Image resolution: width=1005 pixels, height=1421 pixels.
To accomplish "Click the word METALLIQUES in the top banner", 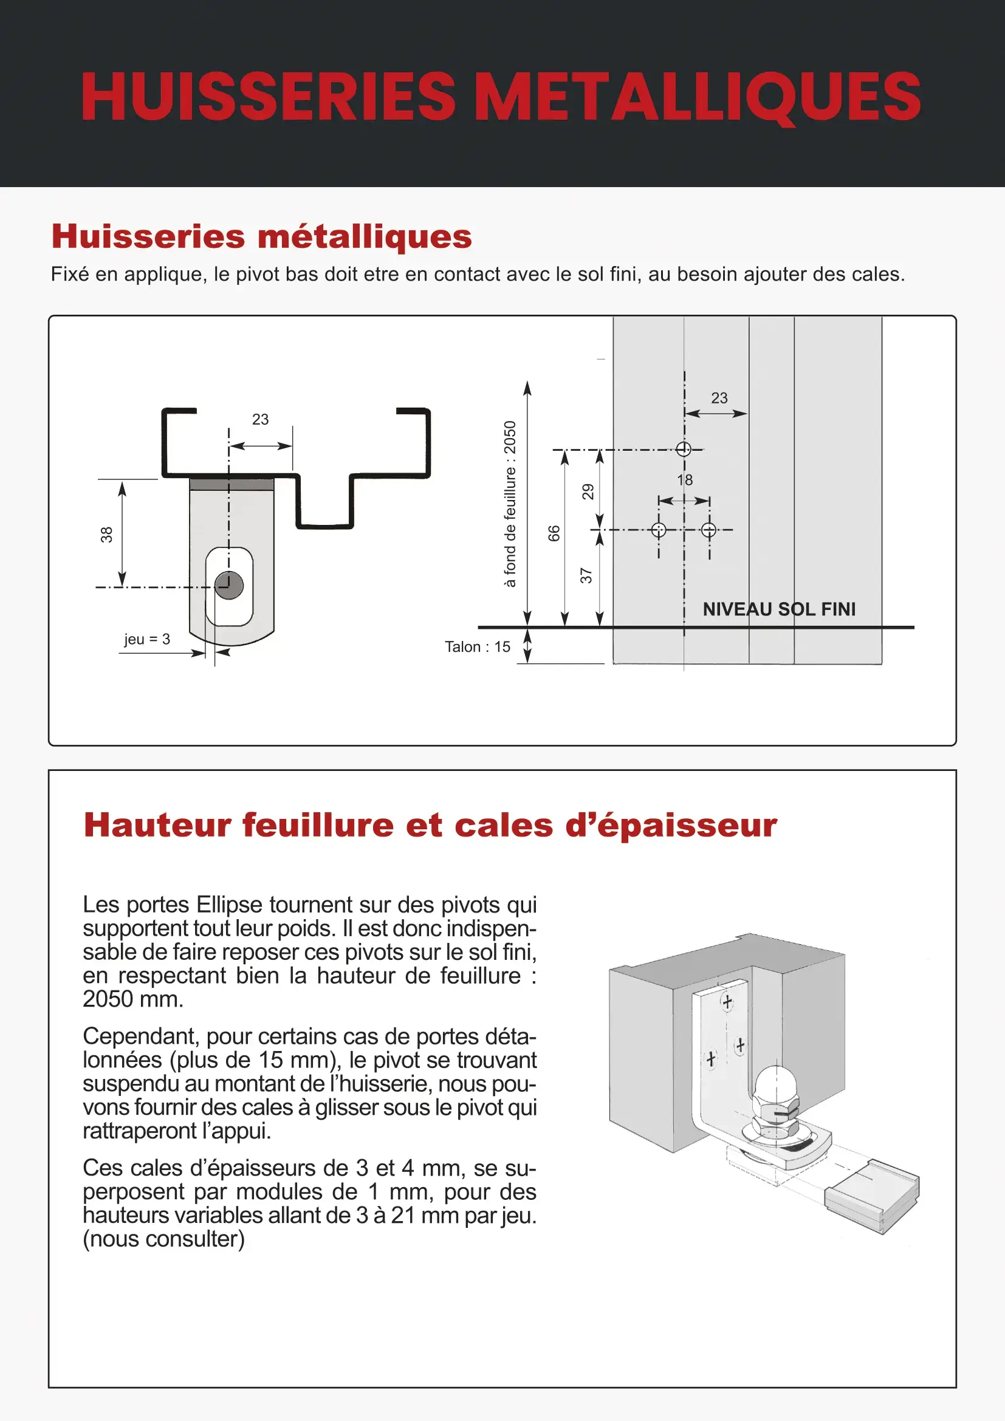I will click(699, 97).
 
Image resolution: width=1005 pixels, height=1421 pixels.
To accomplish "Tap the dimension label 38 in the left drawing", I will click(107, 534).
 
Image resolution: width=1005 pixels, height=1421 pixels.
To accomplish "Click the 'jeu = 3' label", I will click(146, 639).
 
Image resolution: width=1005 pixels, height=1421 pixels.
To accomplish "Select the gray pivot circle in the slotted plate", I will click(229, 585).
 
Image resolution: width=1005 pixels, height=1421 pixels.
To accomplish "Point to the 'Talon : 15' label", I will click(477, 647).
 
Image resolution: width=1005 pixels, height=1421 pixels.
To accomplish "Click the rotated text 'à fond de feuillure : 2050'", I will click(509, 504).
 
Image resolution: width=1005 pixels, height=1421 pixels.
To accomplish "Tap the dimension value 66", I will click(554, 533).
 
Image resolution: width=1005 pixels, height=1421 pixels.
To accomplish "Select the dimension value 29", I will click(588, 491).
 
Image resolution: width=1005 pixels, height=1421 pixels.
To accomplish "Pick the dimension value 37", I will click(586, 575).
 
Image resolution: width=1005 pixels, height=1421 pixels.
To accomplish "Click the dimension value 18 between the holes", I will click(684, 480).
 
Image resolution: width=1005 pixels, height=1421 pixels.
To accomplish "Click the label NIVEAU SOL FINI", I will click(778, 609).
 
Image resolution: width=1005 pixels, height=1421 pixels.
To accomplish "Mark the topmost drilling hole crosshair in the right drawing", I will click(683, 450).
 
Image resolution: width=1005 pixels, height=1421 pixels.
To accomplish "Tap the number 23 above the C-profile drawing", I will click(261, 419).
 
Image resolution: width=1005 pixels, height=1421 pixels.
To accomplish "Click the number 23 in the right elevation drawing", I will click(719, 398).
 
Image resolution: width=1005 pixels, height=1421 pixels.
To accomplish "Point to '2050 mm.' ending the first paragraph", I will click(133, 998).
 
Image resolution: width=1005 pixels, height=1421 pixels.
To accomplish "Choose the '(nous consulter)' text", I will click(164, 1238).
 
